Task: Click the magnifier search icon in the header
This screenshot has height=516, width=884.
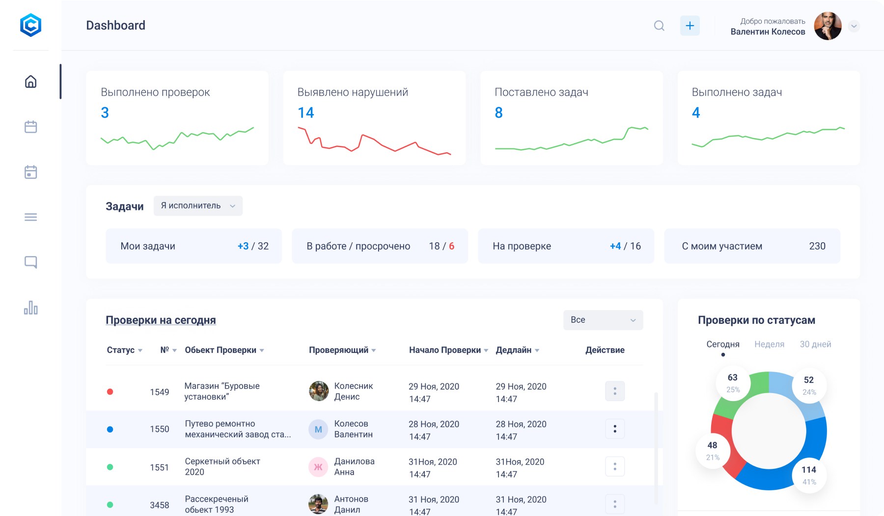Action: coord(659,26)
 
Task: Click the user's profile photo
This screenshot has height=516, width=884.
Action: coord(828,26)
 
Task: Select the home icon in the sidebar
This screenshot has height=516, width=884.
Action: coord(30,82)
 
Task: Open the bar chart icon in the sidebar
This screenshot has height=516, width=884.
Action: coord(30,308)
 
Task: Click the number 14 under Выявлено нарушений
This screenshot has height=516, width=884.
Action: coord(305,113)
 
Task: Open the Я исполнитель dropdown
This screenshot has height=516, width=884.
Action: coord(198,205)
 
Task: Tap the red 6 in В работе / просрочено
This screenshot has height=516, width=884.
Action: coord(451,246)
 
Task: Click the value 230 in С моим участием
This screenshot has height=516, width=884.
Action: coord(817,246)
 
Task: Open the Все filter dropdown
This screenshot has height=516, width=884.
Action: coord(603,320)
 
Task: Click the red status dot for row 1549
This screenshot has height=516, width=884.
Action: coord(110,392)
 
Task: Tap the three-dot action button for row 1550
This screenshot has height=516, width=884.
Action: coord(614,429)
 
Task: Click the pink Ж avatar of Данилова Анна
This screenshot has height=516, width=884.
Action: coord(318,467)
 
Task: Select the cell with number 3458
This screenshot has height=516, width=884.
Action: coord(159,505)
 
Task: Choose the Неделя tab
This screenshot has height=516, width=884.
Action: coord(769,344)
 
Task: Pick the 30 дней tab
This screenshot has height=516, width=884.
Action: coord(815,344)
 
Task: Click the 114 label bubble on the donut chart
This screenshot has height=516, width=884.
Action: coord(809,475)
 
